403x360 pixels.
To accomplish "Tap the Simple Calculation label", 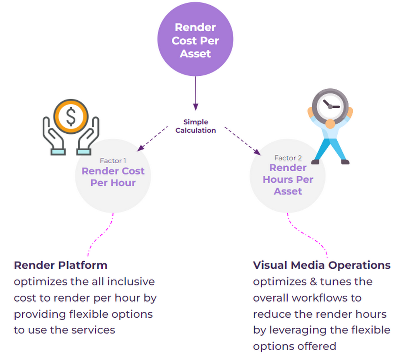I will [195, 126].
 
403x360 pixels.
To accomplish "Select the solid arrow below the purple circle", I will [195, 93].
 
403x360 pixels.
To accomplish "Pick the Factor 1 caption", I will [113, 161].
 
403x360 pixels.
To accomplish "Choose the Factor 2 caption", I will [288, 158].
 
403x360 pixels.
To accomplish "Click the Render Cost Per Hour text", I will [113, 177].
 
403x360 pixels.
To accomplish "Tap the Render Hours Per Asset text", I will [288, 179].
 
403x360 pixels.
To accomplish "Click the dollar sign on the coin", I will [71, 117].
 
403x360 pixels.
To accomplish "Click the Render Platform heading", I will [60, 265].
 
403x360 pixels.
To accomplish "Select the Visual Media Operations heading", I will [322, 265].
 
